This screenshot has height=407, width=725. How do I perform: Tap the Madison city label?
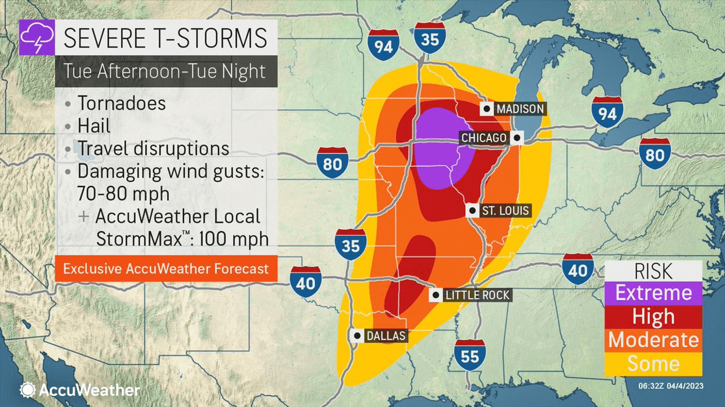tap(512, 109)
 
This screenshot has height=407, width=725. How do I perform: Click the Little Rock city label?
tap(471, 295)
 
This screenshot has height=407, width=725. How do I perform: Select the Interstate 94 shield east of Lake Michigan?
tap(607, 113)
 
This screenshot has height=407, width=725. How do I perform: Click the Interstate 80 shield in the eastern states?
tap(655, 154)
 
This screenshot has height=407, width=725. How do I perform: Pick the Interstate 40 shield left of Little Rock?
tap(305, 282)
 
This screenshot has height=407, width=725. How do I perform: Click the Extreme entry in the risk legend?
tap(653, 292)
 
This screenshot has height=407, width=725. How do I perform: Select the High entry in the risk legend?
tap(653, 316)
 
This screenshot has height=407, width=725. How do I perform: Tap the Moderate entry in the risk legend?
tap(653, 340)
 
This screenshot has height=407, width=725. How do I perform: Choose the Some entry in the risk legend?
tap(653, 364)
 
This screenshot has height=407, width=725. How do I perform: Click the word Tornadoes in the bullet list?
tap(121, 103)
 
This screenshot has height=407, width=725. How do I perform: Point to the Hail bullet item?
tap(94, 126)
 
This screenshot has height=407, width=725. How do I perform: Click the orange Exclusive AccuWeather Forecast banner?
tap(166, 269)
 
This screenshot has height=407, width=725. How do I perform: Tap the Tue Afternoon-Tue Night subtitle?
tap(164, 71)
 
